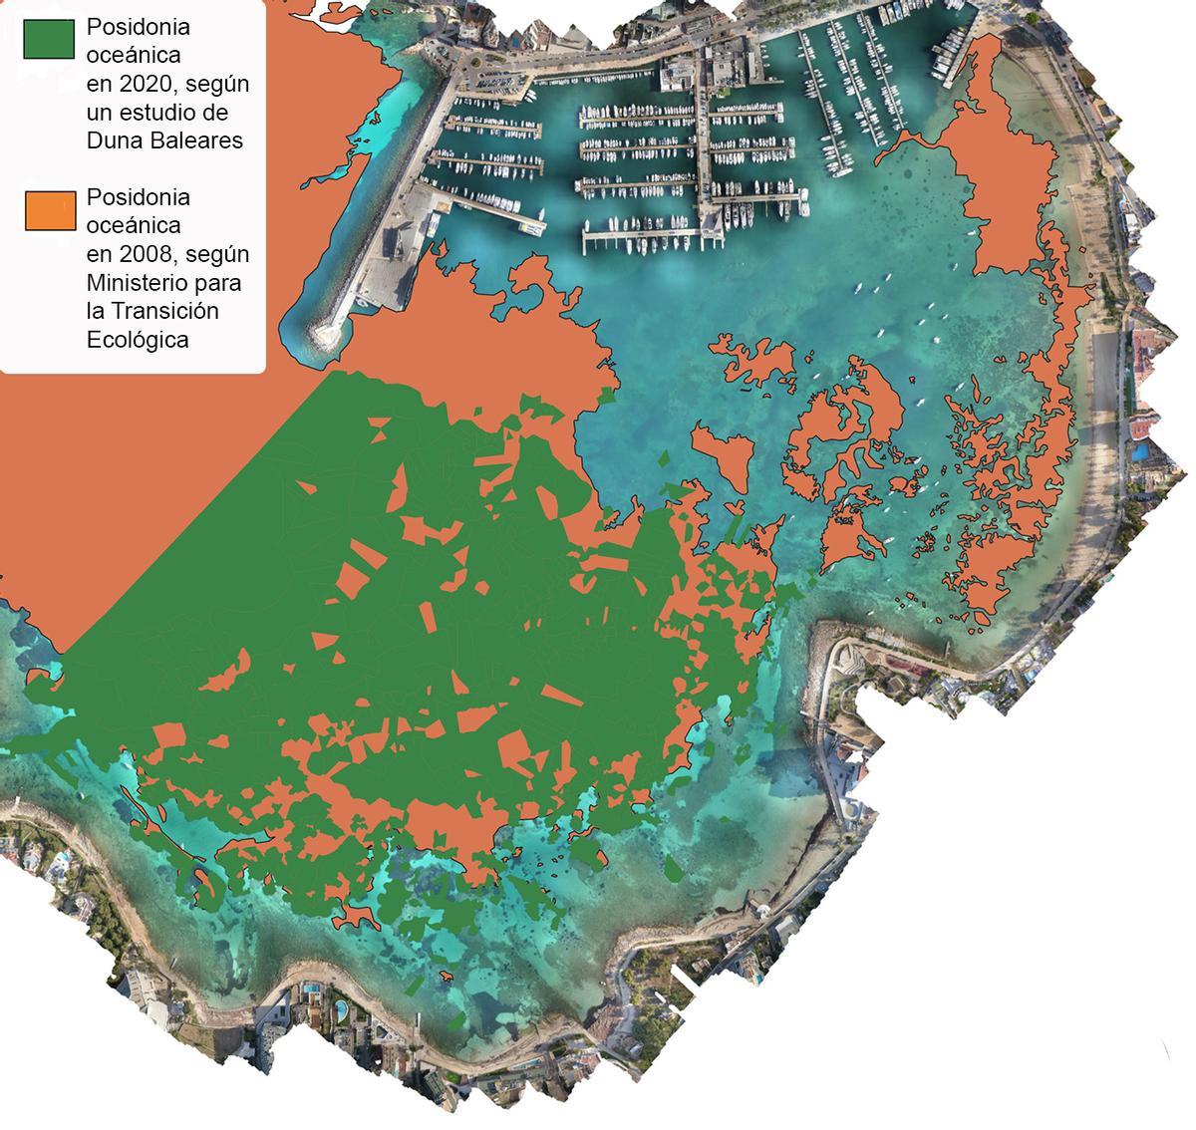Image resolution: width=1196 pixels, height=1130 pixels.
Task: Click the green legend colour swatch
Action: pyautogui.click(x=49, y=39)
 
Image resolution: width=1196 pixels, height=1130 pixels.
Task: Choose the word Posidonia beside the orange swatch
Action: pyautogui.click(x=138, y=197)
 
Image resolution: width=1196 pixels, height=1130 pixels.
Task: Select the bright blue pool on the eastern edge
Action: pyautogui.click(x=1139, y=452)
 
